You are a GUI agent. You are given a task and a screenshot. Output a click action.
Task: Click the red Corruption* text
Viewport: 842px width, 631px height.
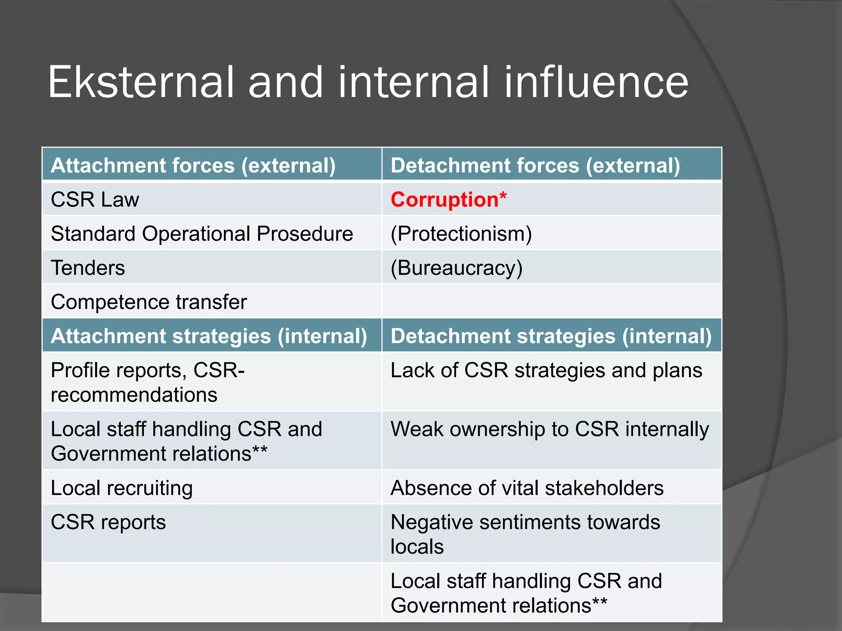(449, 200)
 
